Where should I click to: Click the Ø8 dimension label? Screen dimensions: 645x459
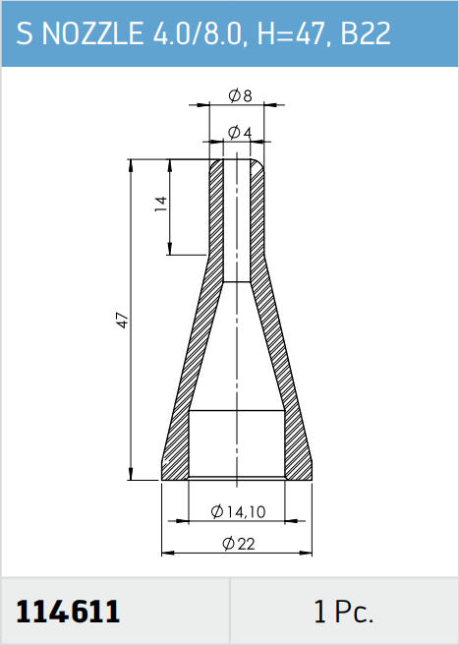pos(240,96)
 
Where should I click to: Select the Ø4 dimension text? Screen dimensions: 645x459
pos(240,132)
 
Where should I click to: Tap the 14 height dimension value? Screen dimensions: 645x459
pos(161,205)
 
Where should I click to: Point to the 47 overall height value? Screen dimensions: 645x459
pos(123,320)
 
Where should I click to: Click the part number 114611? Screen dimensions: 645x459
pos(69,612)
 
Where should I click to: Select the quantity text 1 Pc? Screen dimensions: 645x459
pos(343,612)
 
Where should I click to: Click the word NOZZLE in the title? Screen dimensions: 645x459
pos(94,34)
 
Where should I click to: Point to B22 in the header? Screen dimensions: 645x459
pos(366,34)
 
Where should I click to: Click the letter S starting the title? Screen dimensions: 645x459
pos(27,34)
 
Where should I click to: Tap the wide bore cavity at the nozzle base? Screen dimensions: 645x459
pos(237,442)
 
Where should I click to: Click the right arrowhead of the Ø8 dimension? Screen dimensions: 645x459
pos(270,104)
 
